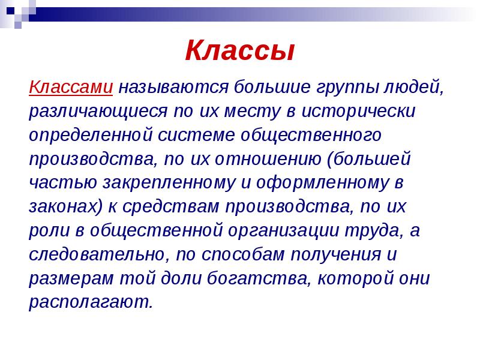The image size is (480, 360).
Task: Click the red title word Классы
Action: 239,51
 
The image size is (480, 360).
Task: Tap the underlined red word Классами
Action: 71,87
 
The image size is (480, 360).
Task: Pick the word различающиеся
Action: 100,112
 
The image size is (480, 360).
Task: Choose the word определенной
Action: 91,136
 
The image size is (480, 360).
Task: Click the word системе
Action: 197,135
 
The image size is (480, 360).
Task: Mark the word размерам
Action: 65,278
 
